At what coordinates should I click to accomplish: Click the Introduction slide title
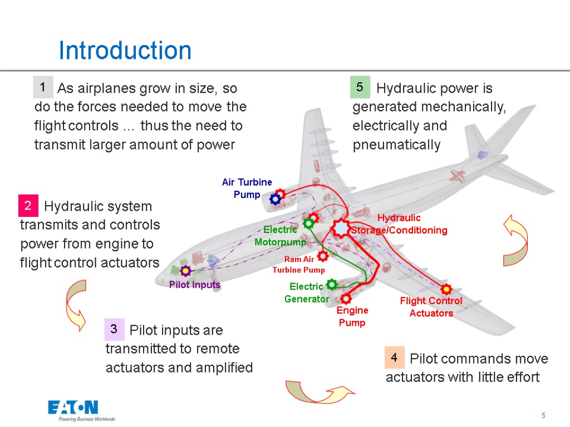pyautogui.click(x=125, y=51)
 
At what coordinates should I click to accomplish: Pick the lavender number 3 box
pyautogui.click(x=114, y=330)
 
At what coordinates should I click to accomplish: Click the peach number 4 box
pyautogui.click(x=394, y=358)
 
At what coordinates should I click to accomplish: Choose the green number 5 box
pyautogui.click(x=360, y=87)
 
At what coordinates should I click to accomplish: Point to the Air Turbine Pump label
pyautogui.click(x=247, y=188)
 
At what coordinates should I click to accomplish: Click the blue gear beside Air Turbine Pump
pyautogui.click(x=274, y=198)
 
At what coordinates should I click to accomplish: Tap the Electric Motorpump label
pyautogui.click(x=280, y=236)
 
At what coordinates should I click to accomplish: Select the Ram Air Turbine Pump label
pyautogui.click(x=298, y=265)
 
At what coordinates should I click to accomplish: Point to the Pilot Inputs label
pyautogui.click(x=195, y=285)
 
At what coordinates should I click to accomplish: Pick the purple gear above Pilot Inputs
pyautogui.click(x=186, y=271)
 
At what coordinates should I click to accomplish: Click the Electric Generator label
pyautogui.click(x=307, y=292)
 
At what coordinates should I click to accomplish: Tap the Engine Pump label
pyautogui.click(x=352, y=316)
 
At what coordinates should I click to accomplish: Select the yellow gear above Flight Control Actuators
pyautogui.click(x=446, y=289)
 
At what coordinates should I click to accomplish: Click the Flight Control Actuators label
pyautogui.click(x=431, y=307)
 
